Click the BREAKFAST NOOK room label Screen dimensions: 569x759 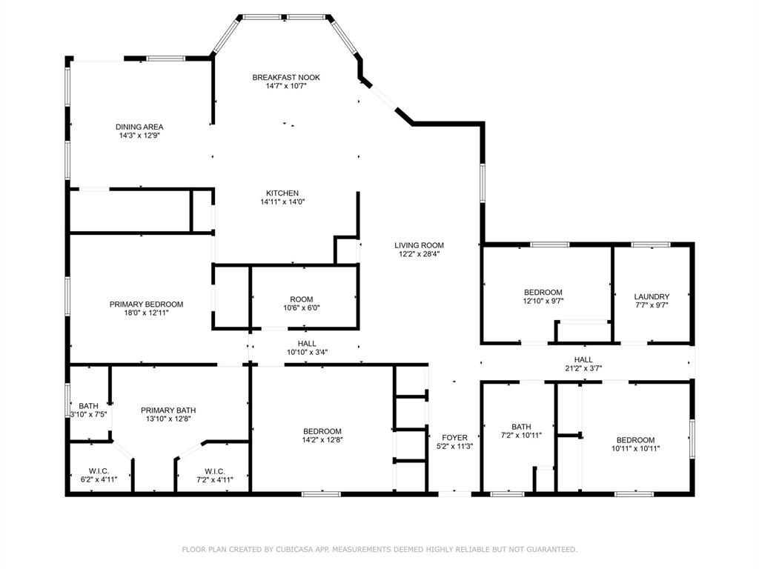[x=286, y=77]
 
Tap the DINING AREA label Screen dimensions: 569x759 [x=139, y=127]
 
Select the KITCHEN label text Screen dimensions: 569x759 [x=282, y=193]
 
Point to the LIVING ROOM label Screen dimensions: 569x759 [x=419, y=245]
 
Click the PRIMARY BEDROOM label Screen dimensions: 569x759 [x=146, y=304]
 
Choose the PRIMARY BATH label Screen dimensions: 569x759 [x=168, y=410]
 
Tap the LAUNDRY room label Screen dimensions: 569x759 [x=652, y=296]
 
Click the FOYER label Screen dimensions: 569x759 [x=454, y=437]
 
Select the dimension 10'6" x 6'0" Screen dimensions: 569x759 [x=302, y=307]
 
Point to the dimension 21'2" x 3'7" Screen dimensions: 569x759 [x=583, y=367]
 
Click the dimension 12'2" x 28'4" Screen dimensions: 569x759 [x=419, y=254]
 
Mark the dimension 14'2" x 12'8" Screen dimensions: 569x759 [x=322, y=439]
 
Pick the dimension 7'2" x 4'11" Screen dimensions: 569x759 [x=214, y=479]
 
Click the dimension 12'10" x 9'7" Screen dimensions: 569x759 [x=543, y=302]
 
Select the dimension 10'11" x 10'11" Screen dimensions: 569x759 [x=635, y=448]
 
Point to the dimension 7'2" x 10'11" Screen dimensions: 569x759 [x=521, y=435]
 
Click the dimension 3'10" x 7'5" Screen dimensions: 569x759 [x=89, y=414]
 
